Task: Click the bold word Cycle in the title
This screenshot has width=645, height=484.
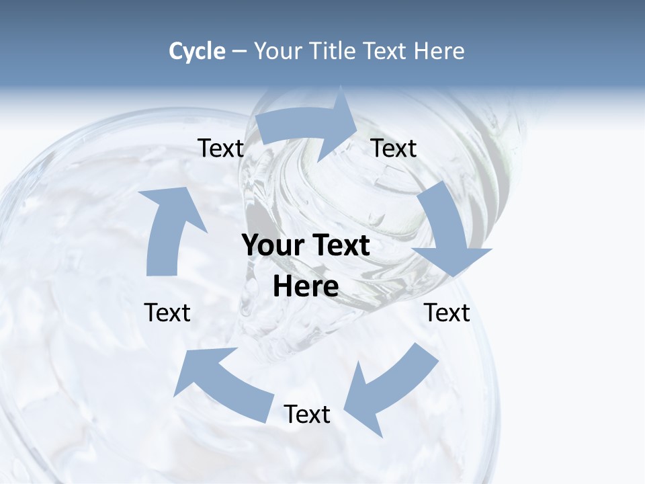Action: click(197, 51)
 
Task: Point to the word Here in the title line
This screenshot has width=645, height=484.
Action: click(439, 51)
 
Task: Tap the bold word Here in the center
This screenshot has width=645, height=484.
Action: click(306, 286)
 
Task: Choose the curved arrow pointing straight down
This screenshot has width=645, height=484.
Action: click(447, 232)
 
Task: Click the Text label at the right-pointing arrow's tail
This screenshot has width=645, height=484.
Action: click(220, 149)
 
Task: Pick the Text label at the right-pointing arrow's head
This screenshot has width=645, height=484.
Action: click(394, 149)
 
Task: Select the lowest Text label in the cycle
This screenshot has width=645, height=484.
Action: click(307, 414)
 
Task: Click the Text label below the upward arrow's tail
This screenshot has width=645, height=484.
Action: click(167, 313)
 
